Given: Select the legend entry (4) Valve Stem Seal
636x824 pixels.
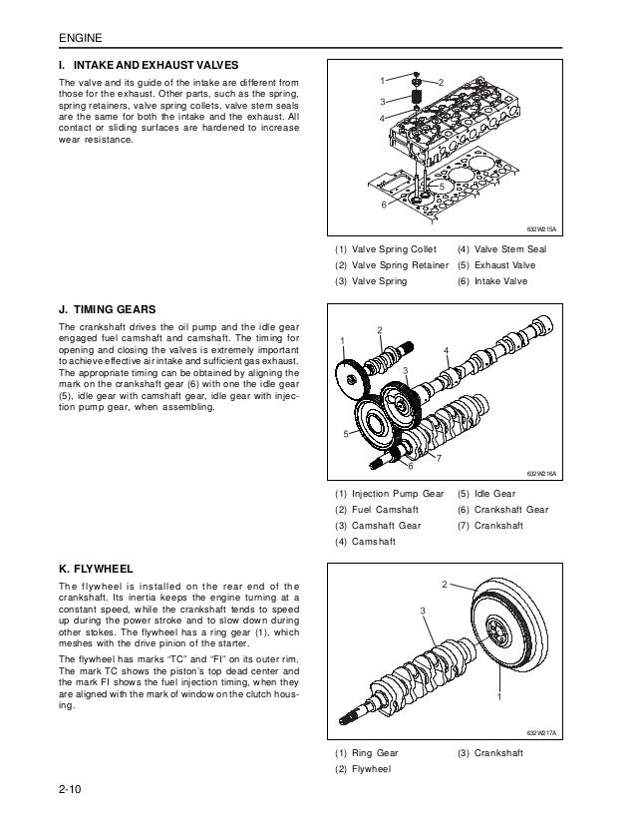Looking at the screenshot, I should tap(501, 248).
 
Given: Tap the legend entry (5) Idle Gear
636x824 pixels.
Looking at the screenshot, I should tap(486, 493).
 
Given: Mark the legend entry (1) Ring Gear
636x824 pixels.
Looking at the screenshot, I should tap(370, 753).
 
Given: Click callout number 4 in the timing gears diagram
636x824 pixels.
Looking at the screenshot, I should tap(447, 349).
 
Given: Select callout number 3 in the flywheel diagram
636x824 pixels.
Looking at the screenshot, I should tap(423, 610).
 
